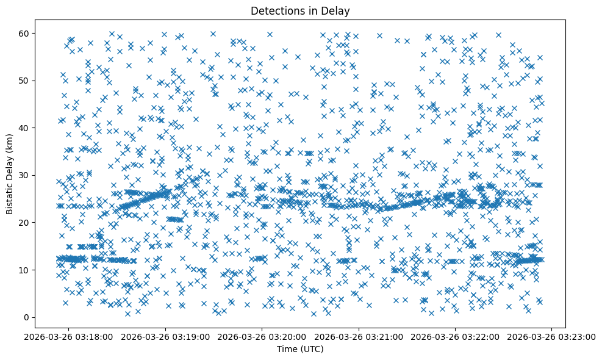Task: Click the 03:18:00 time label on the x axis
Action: pos(68,337)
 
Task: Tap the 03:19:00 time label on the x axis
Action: pos(165,337)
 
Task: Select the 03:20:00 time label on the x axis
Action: pos(262,337)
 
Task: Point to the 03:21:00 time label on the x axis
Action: pos(359,337)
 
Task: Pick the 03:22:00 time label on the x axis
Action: pos(455,337)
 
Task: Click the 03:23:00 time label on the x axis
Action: pos(552,337)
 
